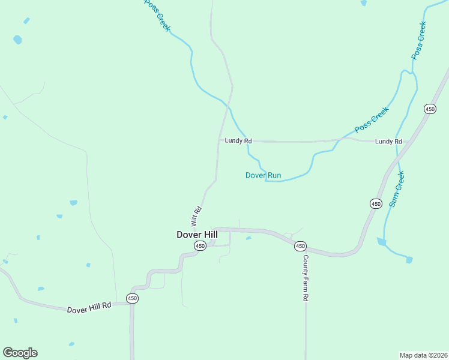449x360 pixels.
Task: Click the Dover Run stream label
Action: tap(263, 175)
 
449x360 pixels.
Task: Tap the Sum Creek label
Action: tap(397, 189)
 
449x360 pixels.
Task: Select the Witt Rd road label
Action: tap(196, 216)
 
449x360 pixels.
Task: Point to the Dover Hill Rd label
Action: tap(89, 308)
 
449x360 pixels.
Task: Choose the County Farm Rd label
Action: tap(306, 278)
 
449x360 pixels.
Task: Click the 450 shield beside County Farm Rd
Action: tap(300, 246)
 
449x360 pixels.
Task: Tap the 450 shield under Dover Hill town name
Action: tap(200, 246)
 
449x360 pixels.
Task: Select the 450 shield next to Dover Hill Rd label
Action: tap(133, 298)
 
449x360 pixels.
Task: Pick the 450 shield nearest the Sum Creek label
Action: tap(376, 204)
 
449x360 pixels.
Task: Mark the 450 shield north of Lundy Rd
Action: tap(430, 109)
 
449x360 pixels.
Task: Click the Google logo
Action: tap(20, 353)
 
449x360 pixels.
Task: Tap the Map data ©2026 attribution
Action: tap(423, 355)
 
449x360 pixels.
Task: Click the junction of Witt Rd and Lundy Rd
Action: tap(218, 141)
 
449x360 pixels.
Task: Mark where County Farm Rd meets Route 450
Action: tap(305, 248)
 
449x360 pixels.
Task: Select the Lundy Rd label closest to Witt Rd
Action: tap(238, 140)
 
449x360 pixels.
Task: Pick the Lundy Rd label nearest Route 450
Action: tap(388, 141)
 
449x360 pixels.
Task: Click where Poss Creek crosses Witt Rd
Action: tap(228, 107)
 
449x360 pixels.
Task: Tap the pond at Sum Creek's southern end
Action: tap(409, 260)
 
